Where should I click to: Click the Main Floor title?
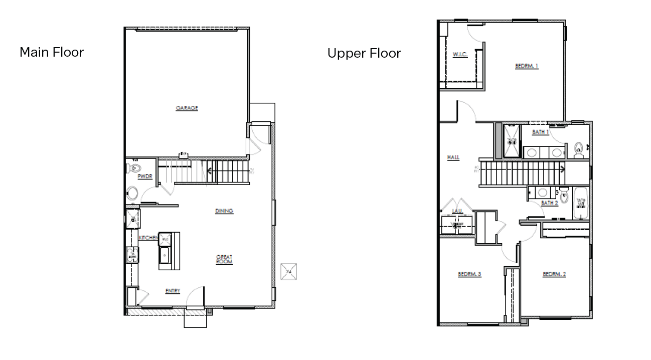pos(52,52)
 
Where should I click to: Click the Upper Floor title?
pos(364,53)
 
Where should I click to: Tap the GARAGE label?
pos(187,108)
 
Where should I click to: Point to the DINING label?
pos(224,211)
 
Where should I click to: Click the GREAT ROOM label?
pos(224,259)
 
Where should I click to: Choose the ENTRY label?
pos(173,291)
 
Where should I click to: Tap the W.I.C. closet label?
pos(460,55)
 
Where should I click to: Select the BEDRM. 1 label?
pos(527,66)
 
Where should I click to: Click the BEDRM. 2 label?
pos(554,274)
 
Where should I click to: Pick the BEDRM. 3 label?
pos(469,274)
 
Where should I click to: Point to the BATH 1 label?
pos(540,132)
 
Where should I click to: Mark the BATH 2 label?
pos(550,203)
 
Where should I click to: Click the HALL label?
pos(453,157)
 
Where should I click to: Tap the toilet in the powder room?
pos(135,167)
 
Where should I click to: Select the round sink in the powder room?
pos(133,193)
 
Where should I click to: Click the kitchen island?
pos(169,251)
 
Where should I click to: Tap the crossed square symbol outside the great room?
pos(289,271)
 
